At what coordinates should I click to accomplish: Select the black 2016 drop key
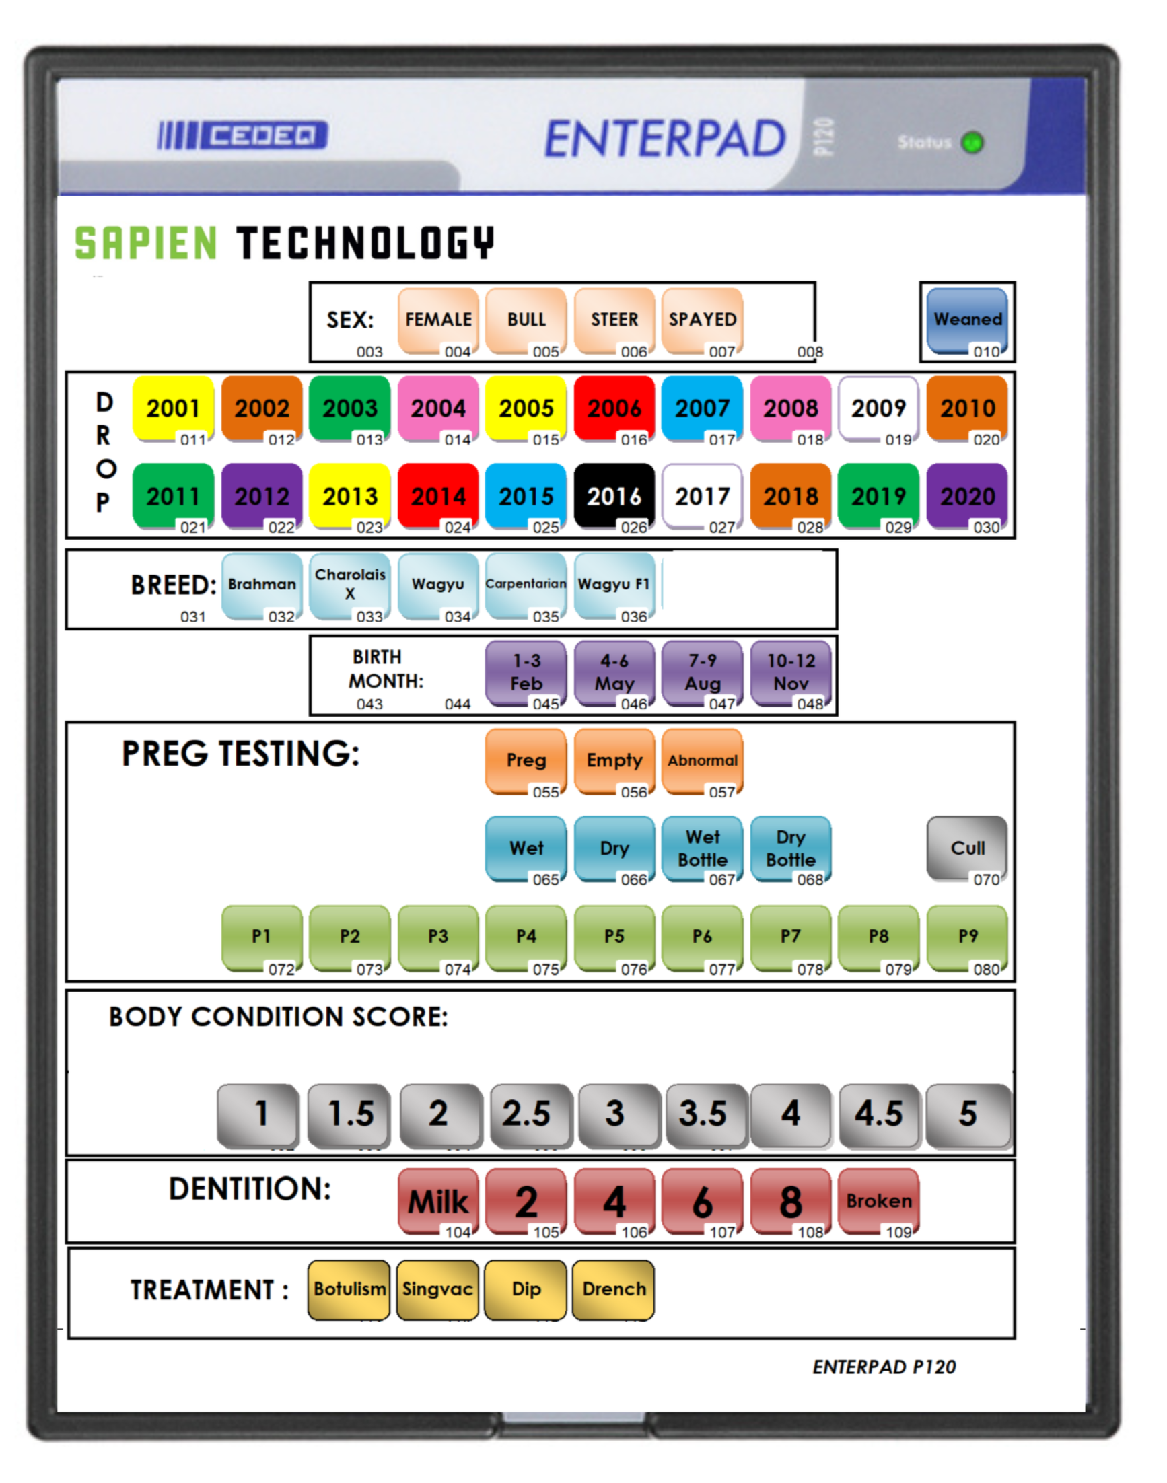(614, 496)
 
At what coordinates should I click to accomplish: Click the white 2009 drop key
(878, 408)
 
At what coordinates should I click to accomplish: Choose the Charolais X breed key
(350, 584)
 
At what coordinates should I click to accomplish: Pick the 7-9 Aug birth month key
(703, 672)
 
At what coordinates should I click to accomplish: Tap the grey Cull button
(967, 848)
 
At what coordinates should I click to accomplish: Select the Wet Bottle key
(703, 848)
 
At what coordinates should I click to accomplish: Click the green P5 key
(614, 937)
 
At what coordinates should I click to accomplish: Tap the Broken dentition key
(879, 1201)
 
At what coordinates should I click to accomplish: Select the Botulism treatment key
(349, 1289)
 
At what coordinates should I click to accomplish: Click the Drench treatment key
(614, 1289)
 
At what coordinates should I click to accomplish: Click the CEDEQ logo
(243, 135)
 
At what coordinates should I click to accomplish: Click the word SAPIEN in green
(145, 244)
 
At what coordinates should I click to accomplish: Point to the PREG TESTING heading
(240, 754)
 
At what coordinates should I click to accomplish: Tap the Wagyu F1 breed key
(614, 584)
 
